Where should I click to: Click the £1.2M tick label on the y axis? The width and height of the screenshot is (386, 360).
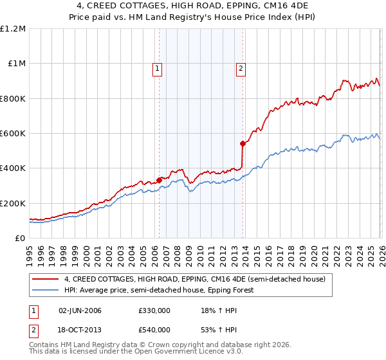coord(13,29)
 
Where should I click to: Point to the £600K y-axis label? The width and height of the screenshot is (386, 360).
coord(13,134)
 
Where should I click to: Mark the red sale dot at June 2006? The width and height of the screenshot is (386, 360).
coord(159,181)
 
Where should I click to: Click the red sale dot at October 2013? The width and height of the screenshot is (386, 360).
coord(243,144)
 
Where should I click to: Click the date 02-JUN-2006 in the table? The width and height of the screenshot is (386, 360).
coord(80,310)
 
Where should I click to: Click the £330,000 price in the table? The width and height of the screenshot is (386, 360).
coord(154,310)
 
